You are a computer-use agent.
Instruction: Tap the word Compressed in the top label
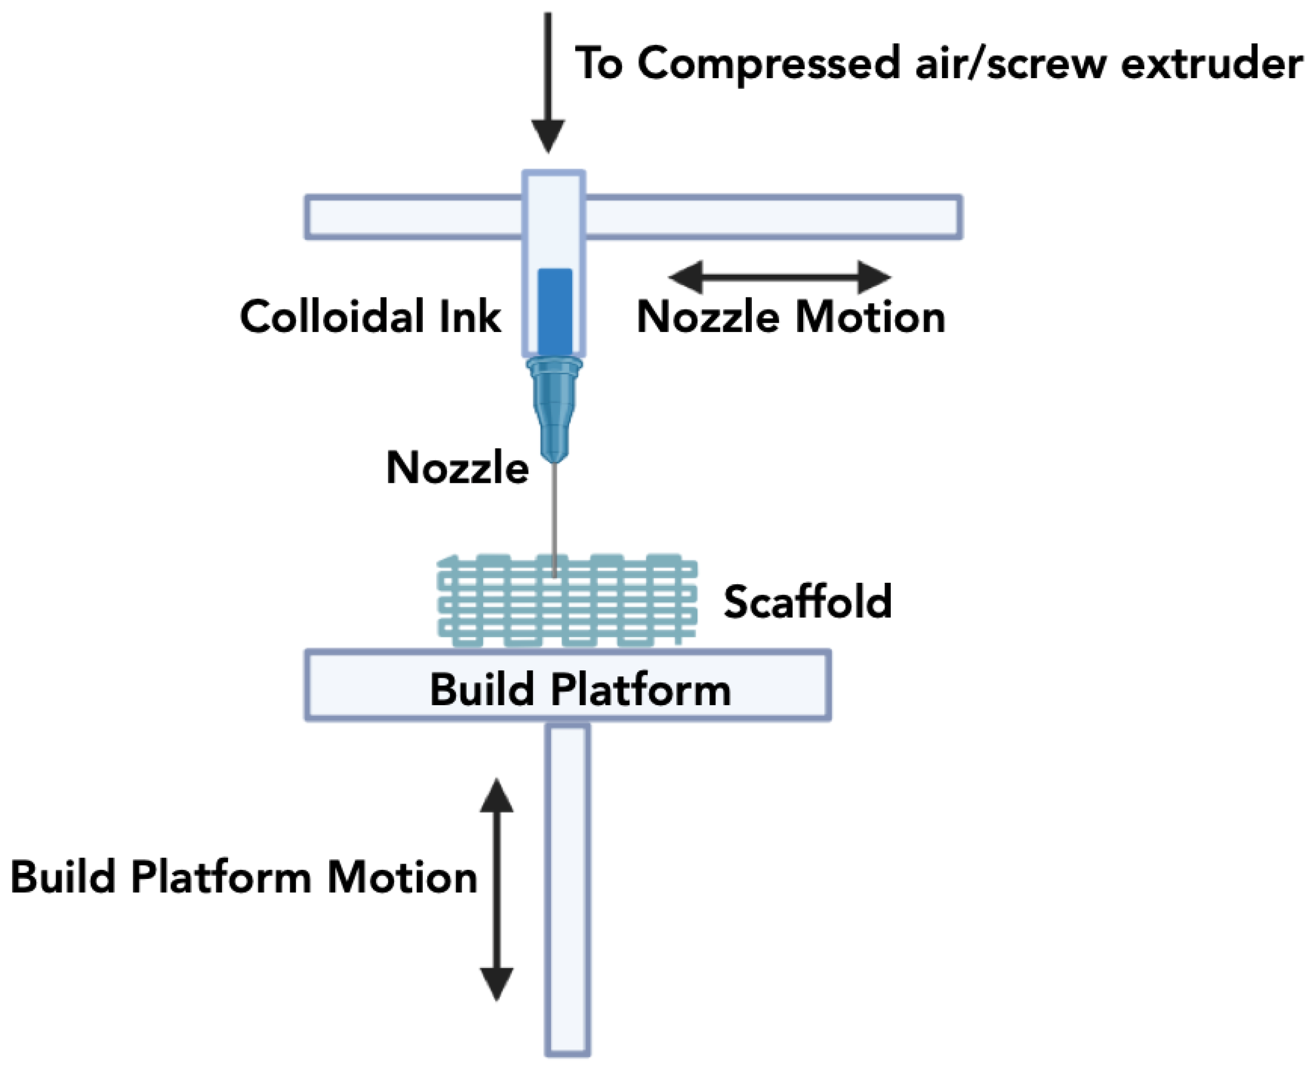[768, 64]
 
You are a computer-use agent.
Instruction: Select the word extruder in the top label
[1211, 64]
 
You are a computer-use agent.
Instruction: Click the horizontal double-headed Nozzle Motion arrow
[779, 277]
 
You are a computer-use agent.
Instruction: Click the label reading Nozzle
[457, 468]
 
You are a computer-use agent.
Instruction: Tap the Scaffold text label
[808, 602]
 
